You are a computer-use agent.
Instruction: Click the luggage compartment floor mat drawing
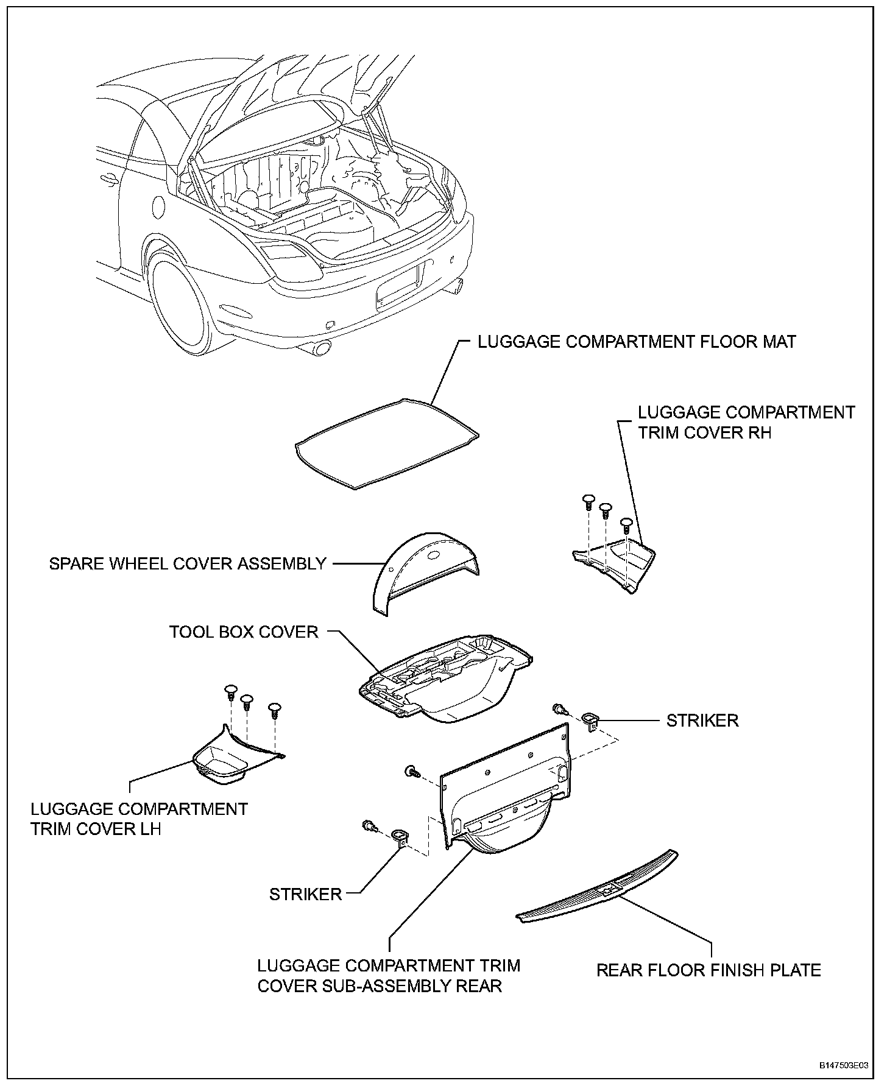click(x=386, y=443)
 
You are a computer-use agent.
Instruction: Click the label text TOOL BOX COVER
click(x=244, y=632)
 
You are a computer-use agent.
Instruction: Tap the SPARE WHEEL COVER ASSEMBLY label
click(x=188, y=563)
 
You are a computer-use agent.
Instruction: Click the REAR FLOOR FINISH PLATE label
click(x=709, y=970)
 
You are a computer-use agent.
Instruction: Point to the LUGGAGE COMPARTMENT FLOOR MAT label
click(x=637, y=342)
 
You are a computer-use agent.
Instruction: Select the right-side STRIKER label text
click(x=702, y=721)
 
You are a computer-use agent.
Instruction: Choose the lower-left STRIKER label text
click(x=305, y=894)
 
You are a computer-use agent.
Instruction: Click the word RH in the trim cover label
click(x=759, y=432)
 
